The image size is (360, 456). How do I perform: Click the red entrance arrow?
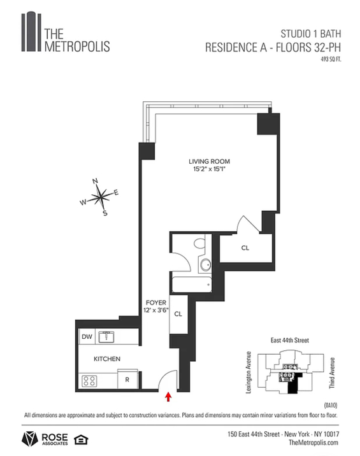(168, 397)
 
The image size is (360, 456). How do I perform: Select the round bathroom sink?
(206, 265)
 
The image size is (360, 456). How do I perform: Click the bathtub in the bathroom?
(192, 285)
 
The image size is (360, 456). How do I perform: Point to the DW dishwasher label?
(87, 336)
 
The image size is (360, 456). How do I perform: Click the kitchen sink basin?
(106, 337)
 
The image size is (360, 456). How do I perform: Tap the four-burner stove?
(89, 381)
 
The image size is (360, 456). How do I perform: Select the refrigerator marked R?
(127, 379)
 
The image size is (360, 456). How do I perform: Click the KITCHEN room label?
(107, 359)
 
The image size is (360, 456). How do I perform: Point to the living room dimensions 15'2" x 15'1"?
(209, 169)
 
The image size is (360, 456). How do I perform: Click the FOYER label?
(156, 303)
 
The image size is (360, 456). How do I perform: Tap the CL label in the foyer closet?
(178, 314)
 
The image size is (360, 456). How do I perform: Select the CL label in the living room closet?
(245, 248)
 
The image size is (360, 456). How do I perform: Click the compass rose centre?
(100, 197)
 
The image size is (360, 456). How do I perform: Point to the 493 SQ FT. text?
(331, 59)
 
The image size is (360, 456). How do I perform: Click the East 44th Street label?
(289, 340)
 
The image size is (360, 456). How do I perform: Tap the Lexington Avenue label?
(248, 372)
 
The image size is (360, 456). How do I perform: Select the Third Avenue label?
(332, 373)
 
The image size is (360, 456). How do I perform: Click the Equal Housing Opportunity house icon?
(81, 439)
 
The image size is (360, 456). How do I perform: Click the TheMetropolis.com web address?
(313, 443)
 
